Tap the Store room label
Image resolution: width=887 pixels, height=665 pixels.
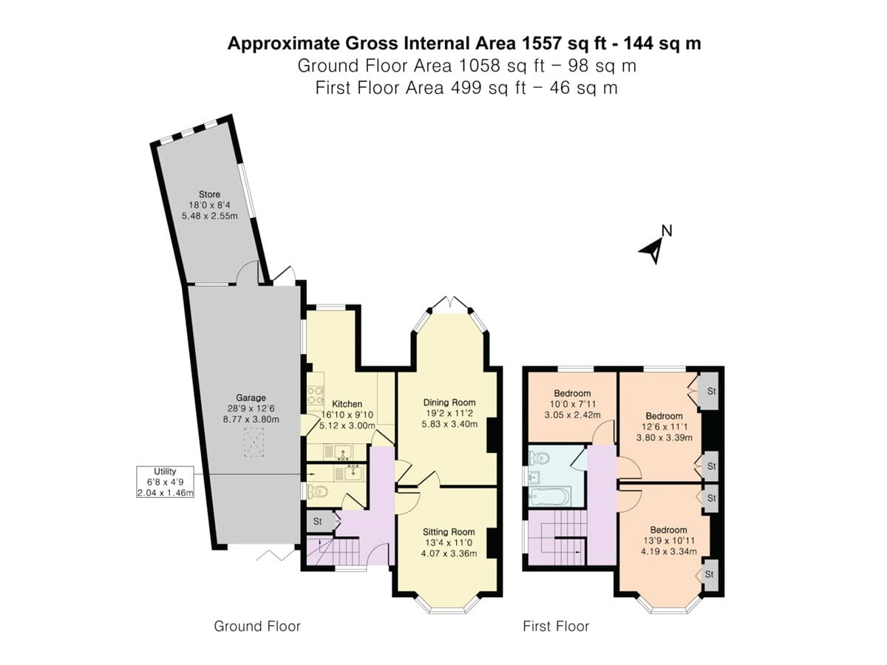[209, 194]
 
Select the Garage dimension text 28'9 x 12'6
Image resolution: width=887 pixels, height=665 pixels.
[251, 408]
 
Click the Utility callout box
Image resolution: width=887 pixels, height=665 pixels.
[165, 482]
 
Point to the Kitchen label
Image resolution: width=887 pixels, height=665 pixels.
[347, 403]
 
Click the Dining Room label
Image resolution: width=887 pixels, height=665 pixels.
[449, 403]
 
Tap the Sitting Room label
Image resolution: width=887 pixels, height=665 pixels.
[449, 532]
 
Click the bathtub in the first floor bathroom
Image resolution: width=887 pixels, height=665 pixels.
[550, 497]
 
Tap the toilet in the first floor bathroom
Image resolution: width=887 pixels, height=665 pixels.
[539, 458]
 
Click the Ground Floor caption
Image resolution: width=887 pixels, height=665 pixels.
[257, 627]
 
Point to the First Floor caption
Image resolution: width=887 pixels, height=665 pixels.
[556, 627]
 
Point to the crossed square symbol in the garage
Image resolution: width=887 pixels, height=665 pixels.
[254, 443]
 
